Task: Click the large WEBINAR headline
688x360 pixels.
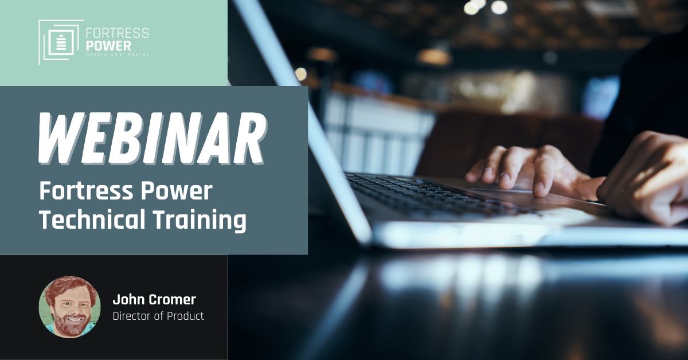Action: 153,139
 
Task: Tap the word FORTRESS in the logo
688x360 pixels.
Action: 118,33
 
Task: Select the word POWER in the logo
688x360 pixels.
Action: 108,46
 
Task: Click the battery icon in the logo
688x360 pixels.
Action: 62,43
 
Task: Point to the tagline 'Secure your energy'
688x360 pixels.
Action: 118,54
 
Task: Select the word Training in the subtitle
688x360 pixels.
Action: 200,220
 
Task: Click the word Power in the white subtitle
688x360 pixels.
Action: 177,190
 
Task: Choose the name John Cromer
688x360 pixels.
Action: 154,299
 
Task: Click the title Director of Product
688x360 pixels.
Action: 158,316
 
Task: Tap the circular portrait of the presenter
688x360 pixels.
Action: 70,307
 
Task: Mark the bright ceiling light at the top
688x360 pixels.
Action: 499,7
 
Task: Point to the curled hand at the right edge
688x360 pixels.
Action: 645,181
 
